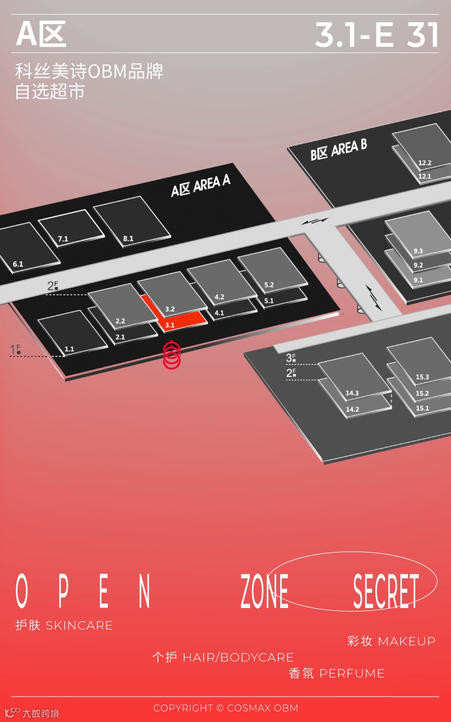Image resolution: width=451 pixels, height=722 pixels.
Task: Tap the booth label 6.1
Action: (x=18, y=264)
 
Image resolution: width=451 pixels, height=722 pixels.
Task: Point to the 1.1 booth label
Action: (x=69, y=349)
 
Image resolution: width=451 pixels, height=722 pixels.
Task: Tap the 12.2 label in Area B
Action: (x=425, y=163)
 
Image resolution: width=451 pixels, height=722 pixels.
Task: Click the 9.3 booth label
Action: (x=418, y=251)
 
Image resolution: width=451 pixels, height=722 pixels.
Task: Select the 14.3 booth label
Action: (x=352, y=393)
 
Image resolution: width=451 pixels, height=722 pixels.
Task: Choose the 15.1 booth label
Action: (x=422, y=408)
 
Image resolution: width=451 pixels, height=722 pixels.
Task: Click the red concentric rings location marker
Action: (x=171, y=355)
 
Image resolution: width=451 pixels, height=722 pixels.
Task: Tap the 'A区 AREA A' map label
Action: (x=201, y=186)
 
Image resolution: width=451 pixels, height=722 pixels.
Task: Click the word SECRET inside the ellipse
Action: (x=386, y=591)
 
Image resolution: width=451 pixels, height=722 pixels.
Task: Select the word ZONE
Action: (x=264, y=591)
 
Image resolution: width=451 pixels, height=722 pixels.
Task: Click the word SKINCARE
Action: (x=79, y=626)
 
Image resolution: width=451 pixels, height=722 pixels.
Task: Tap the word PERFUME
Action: (x=352, y=673)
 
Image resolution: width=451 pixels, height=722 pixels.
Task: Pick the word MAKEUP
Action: (x=406, y=641)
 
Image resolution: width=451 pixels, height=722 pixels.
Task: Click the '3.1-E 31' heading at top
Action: (x=377, y=35)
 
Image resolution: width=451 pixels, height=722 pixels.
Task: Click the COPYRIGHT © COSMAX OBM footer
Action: (x=225, y=708)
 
